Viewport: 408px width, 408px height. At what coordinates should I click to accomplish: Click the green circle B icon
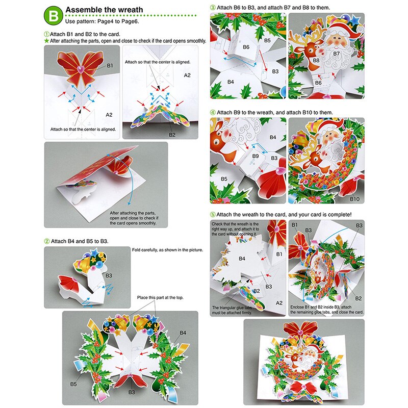pos(53,15)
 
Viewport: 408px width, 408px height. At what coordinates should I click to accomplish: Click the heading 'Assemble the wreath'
pos(104,10)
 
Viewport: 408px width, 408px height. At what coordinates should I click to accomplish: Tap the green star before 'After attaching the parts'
pos(46,40)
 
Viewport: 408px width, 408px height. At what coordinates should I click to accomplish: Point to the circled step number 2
pos(47,241)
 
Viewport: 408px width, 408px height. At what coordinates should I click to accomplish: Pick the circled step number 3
pos(213,7)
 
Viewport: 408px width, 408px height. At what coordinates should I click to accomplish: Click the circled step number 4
pos(213,112)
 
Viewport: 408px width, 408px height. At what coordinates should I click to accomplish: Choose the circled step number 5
pos(213,214)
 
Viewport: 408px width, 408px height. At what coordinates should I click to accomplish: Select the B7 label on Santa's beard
pos(337,53)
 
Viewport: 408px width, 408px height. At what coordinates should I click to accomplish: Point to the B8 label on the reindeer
pos(316,61)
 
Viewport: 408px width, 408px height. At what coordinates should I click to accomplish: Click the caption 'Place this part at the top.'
pos(161,297)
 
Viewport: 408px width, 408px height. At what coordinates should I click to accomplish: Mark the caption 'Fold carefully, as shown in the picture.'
pos(167,250)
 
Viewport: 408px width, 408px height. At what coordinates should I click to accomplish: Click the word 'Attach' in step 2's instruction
pos(60,241)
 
